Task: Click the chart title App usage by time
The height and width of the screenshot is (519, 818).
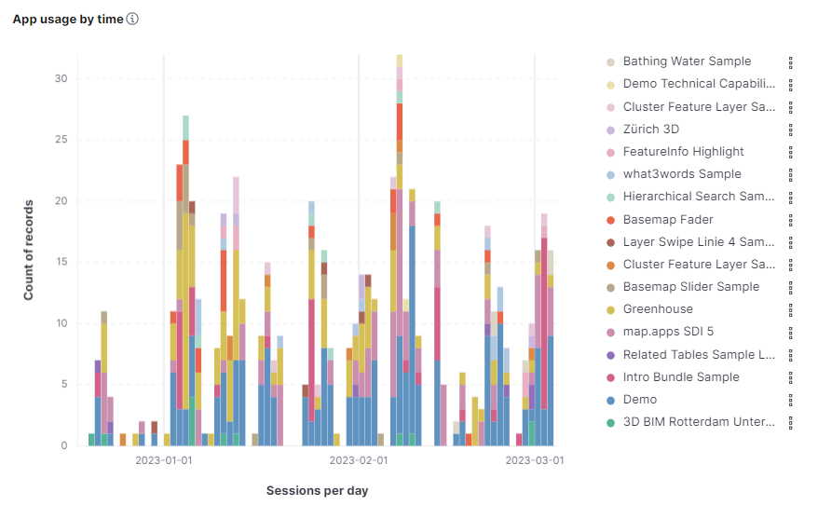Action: click(x=67, y=19)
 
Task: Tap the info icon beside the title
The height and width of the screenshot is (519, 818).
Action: click(x=132, y=19)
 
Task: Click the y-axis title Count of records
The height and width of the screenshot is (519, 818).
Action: click(x=29, y=250)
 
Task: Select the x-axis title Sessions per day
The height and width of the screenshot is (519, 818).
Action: click(x=317, y=490)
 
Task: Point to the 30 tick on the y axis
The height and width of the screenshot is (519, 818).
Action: click(x=61, y=78)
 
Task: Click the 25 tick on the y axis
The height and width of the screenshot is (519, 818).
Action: click(x=61, y=140)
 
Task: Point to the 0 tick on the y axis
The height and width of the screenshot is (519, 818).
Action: click(x=64, y=445)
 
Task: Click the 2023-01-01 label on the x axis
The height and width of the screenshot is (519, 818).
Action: click(x=164, y=460)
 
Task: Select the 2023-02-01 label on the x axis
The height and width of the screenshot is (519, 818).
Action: click(x=359, y=460)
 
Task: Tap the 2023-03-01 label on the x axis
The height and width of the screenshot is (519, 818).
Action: click(x=534, y=460)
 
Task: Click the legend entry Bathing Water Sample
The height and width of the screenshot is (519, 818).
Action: click(x=687, y=61)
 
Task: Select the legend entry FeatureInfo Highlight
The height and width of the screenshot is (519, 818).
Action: click(x=683, y=152)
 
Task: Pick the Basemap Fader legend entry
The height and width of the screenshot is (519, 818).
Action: click(x=668, y=220)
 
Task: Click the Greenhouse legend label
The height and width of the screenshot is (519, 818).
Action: click(x=658, y=309)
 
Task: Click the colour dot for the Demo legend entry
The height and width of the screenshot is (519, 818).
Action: click(x=611, y=400)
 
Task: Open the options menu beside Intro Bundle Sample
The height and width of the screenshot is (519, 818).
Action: click(x=790, y=377)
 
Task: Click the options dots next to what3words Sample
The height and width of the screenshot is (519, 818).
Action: click(x=790, y=174)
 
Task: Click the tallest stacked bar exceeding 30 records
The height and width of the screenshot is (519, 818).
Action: click(x=399, y=252)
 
